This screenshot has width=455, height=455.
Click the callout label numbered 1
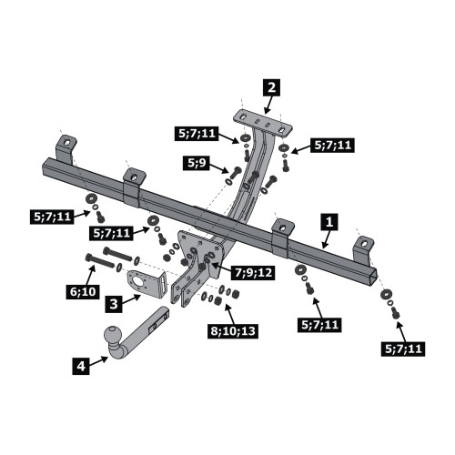click(x=329, y=222)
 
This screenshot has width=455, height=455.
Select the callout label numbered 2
click(x=271, y=87)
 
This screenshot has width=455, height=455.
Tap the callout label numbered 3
click(x=114, y=304)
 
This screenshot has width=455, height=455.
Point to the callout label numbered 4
click(x=81, y=366)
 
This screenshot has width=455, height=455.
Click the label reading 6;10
click(x=83, y=292)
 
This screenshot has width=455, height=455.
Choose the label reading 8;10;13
click(x=233, y=331)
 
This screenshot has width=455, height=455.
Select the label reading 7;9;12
click(x=253, y=272)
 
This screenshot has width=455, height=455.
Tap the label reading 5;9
click(x=197, y=163)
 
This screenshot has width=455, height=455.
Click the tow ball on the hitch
click(x=113, y=335)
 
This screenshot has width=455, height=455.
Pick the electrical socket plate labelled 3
click(x=146, y=284)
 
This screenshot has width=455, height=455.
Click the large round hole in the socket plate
click(x=137, y=283)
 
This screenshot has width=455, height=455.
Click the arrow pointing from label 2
click(x=268, y=106)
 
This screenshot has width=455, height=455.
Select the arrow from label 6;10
click(x=91, y=275)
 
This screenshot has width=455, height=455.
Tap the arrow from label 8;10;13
click(x=229, y=314)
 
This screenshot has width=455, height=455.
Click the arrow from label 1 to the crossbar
click(x=325, y=239)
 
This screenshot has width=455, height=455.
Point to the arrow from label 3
click(x=132, y=298)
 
